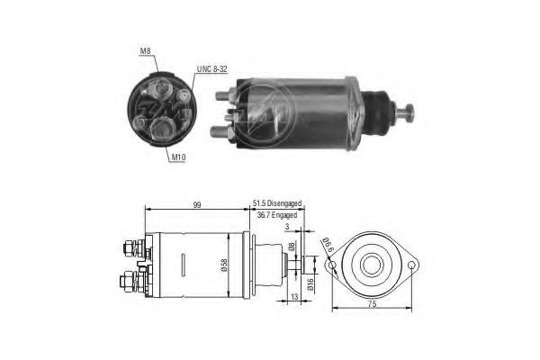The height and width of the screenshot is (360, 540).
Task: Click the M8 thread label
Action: [145, 51]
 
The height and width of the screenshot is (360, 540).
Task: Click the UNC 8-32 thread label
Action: [212, 69]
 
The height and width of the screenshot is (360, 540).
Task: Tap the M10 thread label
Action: [178, 157]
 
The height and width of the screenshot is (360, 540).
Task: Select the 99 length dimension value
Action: [196, 204]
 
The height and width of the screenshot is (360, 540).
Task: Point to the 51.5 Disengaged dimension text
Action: [277, 203]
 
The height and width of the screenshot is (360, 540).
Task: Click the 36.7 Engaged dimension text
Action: [277, 215]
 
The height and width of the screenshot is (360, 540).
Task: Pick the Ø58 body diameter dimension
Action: [224, 265]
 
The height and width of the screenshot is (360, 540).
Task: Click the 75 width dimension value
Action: [372, 304]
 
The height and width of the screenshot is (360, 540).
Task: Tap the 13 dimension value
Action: [294, 297]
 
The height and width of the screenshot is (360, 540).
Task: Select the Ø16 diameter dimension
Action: [310, 283]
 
